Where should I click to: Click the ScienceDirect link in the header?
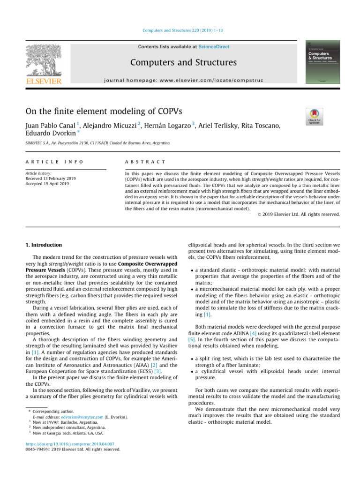tap(214, 47)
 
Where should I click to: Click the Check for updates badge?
tap(314, 117)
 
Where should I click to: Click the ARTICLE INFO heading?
tap(54, 162)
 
